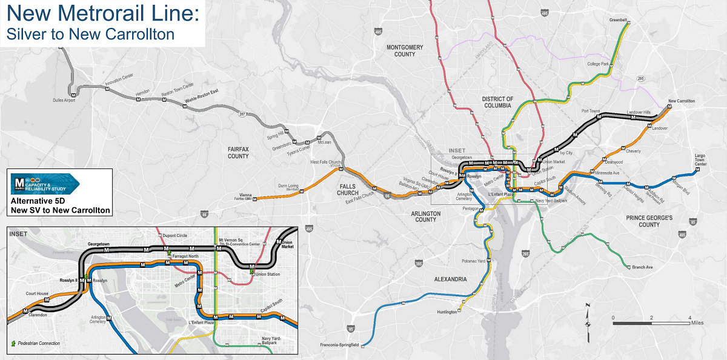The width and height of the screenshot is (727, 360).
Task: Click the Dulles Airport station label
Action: pos(64,101)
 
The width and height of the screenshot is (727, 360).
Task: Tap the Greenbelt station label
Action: pos(619,20)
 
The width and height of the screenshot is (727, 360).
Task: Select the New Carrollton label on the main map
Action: pos(681,101)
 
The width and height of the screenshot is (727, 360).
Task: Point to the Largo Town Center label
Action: pos(700,160)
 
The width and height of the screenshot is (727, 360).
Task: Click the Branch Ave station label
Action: pos(643,267)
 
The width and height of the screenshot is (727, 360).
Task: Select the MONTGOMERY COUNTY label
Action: pos(405,50)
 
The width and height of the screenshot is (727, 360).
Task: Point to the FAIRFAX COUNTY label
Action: pos(238,152)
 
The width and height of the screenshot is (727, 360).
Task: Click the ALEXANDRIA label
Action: pos(450,279)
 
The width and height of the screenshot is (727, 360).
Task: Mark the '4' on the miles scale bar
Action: pos(689,318)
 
